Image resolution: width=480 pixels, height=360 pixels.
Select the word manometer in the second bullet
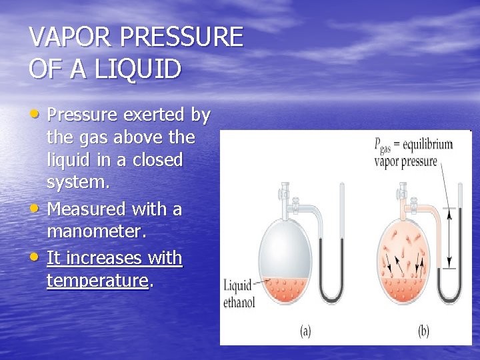(98, 233)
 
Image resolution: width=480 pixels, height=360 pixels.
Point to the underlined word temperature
(97, 281)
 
